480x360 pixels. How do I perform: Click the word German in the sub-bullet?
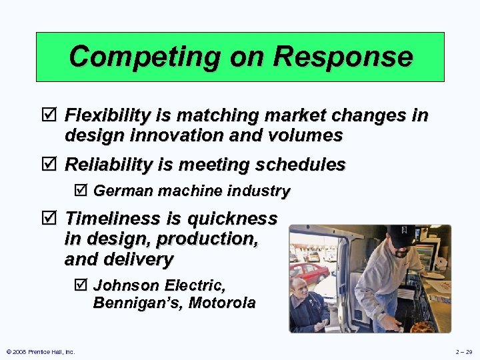118,191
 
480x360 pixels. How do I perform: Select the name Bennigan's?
138,303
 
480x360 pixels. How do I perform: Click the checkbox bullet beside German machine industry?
79,191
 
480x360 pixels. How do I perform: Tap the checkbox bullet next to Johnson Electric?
79,286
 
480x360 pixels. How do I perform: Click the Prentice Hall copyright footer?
40,351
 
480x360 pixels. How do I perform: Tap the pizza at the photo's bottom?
421,327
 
